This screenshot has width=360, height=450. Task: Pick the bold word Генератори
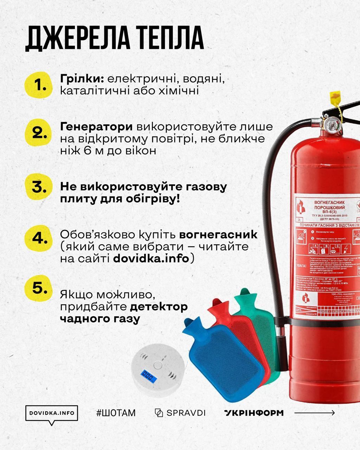(96, 127)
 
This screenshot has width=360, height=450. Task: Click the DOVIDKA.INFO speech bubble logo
(52, 413)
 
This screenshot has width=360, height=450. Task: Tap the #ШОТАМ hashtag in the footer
(116, 413)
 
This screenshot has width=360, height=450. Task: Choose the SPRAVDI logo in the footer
(180, 413)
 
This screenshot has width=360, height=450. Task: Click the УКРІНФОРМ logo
(253, 413)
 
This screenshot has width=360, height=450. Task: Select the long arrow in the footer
(314, 413)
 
